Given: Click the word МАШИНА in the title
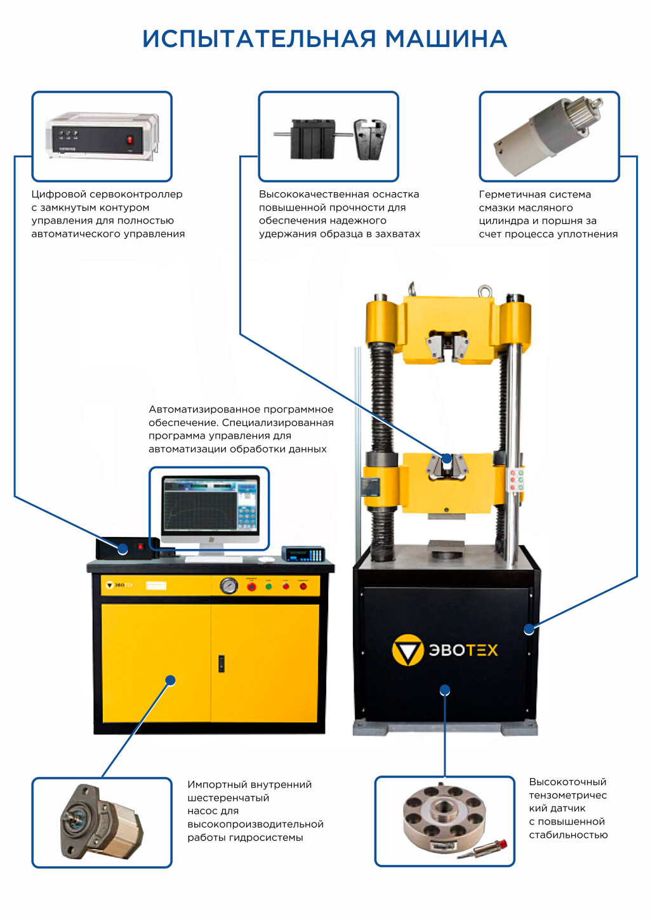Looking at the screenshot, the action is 446,39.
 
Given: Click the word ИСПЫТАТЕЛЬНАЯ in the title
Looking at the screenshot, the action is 259,39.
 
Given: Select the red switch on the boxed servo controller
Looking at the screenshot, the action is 129,140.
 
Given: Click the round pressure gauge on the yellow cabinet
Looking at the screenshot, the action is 228,585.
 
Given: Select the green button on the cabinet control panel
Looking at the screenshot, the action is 269,586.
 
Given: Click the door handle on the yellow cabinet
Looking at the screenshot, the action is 221,663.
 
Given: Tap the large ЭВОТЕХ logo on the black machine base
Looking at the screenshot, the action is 445,650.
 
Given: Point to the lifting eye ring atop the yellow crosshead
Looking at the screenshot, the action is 485,291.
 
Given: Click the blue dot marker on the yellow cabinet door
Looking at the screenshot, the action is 170,680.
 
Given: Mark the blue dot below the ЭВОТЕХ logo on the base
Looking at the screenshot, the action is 445,691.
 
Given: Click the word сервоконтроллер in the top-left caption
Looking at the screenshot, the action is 136,194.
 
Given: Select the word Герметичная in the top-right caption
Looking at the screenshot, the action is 514,194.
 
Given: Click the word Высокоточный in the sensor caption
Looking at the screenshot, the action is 567,782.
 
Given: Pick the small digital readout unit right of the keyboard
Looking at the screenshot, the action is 303,554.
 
